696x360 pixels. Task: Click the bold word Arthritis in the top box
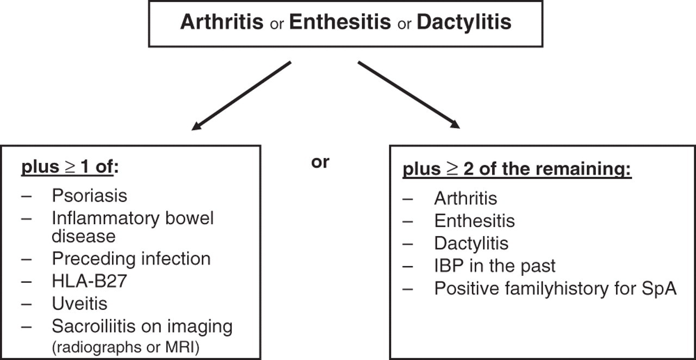tap(222, 22)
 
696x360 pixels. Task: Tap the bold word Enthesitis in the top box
tap(340, 22)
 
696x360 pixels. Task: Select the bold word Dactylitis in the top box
tap(464, 22)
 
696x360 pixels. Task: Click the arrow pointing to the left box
tap(241, 96)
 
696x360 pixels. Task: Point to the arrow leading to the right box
tap(409, 95)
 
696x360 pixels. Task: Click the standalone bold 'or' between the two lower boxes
tap(320, 162)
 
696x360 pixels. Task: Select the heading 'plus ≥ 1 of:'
tap(70, 167)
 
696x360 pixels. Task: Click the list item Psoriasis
tap(90, 196)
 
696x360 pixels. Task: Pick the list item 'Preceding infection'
tap(131, 259)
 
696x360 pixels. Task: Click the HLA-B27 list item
tap(90, 281)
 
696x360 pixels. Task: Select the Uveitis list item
tap(79, 303)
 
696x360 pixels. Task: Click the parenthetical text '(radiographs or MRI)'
tap(126, 347)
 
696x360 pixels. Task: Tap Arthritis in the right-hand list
tap(466, 198)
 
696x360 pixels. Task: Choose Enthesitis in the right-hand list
tap(475, 221)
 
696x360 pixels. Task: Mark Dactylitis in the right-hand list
tap(471, 244)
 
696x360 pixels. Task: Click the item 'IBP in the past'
tap(495, 266)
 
